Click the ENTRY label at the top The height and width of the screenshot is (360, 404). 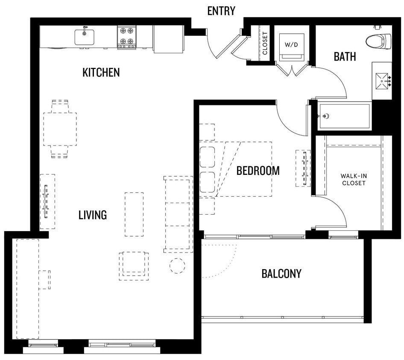[x=221, y=11]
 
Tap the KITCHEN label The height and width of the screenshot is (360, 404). [x=101, y=73]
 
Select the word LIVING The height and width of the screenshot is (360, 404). [x=92, y=215]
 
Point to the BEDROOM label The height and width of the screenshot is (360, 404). [x=258, y=171]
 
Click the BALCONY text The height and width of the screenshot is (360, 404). [x=281, y=273]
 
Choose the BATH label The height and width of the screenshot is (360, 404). [x=345, y=56]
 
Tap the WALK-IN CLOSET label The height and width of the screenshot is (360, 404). [x=353, y=179]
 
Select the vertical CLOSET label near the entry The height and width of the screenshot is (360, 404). [x=265, y=44]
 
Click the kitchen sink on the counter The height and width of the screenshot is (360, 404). [x=85, y=37]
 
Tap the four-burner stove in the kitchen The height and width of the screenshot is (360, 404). [x=127, y=37]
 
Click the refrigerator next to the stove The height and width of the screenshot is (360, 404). [x=168, y=39]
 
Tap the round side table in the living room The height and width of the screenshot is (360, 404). [x=177, y=265]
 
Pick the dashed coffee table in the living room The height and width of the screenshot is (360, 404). [x=134, y=214]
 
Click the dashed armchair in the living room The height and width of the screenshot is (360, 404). [x=134, y=265]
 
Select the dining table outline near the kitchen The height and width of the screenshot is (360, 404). [x=60, y=129]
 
